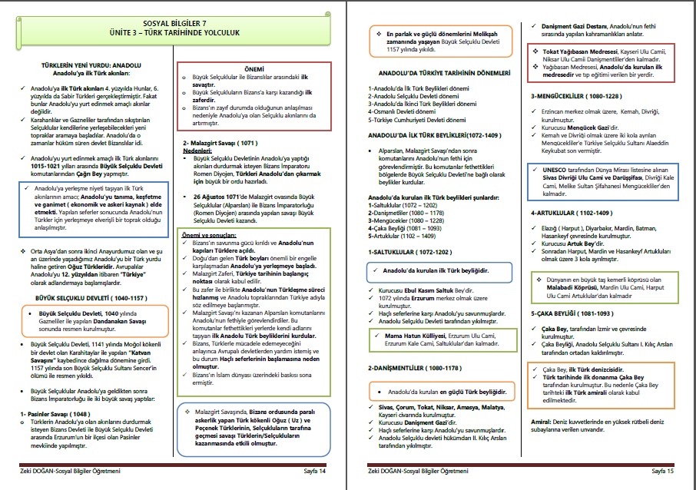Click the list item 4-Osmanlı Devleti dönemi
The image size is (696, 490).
pyautogui.click(x=405, y=113)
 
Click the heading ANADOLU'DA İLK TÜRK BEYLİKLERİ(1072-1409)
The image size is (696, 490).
pyautogui.click(x=434, y=134)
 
